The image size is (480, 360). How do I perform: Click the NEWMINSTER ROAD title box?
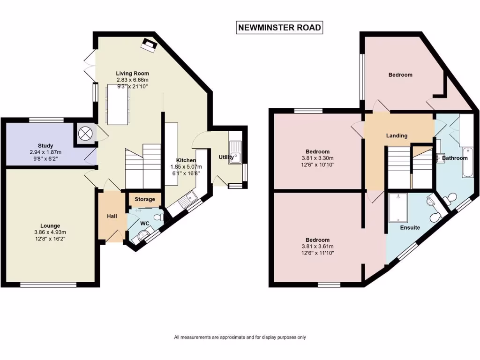pyautogui.click(x=280, y=28)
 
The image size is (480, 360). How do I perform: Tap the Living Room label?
pyautogui.click(x=133, y=73)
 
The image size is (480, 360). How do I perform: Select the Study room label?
pyautogui.click(x=45, y=146)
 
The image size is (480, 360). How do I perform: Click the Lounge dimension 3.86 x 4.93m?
pyautogui.click(x=49, y=232)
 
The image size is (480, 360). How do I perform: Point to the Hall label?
pyautogui.click(x=112, y=216)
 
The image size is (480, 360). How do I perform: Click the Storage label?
pyautogui.click(x=144, y=199)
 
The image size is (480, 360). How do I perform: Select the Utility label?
pyautogui.click(x=226, y=157)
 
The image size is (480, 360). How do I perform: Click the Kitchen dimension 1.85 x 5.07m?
pyautogui.click(x=186, y=167)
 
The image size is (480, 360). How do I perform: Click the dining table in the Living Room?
pyautogui.click(x=118, y=104)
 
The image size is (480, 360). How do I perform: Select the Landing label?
pyautogui.click(x=397, y=135)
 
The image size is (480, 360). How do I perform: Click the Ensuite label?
pyautogui.click(x=409, y=228)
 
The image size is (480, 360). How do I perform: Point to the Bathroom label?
pyautogui.click(x=455, y=158)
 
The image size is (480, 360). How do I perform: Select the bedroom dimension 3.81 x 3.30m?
pyautogui.click(x=317, y=158)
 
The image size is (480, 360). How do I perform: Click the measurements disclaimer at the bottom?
pyautogui.click(x=240, y=337)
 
